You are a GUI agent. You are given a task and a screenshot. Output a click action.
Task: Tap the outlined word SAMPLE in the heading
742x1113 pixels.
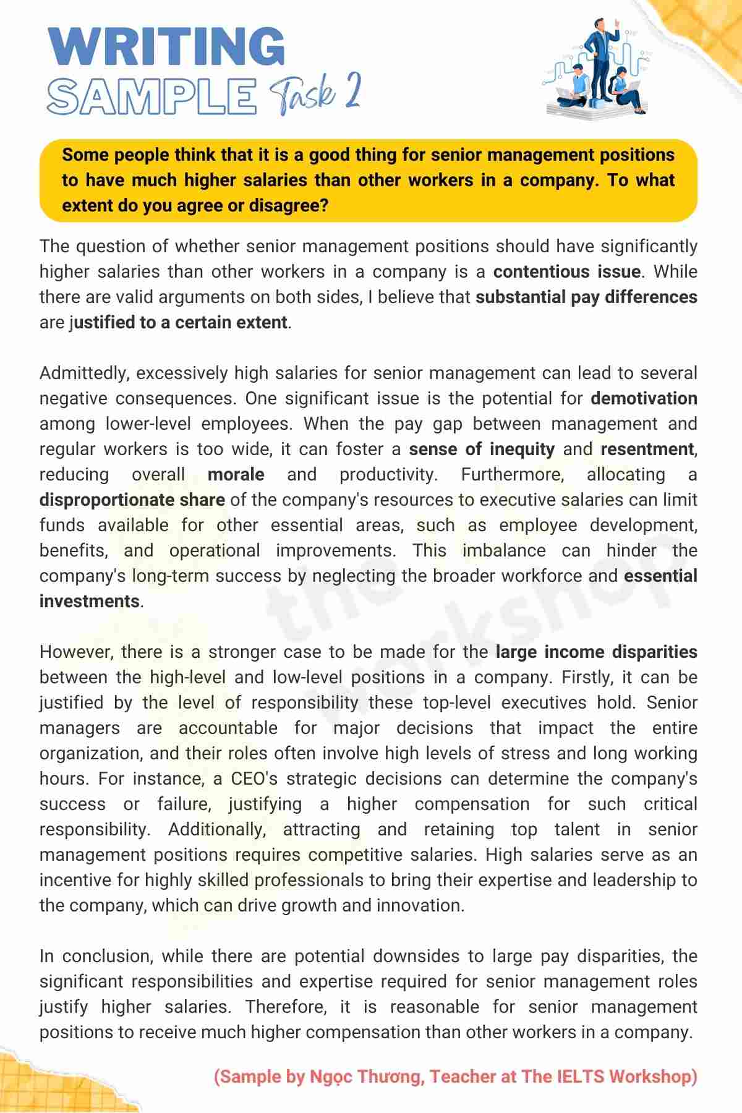[151, 96]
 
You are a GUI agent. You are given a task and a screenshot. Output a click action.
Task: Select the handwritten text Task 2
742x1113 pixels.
[315, 95]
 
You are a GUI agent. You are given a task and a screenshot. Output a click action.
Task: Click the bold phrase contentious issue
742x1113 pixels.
[566, 272]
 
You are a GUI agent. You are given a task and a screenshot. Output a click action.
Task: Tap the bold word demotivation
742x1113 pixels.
[644, 399]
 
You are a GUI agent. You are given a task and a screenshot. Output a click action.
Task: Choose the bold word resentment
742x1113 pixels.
[647, 450]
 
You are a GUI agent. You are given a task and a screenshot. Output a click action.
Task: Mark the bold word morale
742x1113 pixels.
[236, 475]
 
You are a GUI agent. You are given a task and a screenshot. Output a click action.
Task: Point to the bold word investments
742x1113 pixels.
[90, 602]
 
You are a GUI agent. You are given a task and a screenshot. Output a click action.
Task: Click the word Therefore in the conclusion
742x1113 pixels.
[286, 1007]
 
